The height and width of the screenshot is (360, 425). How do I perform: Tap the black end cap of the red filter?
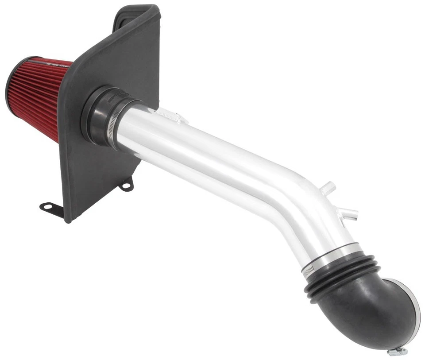click(10, 89)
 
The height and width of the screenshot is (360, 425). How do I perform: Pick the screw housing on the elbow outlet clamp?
click(397, 351)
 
